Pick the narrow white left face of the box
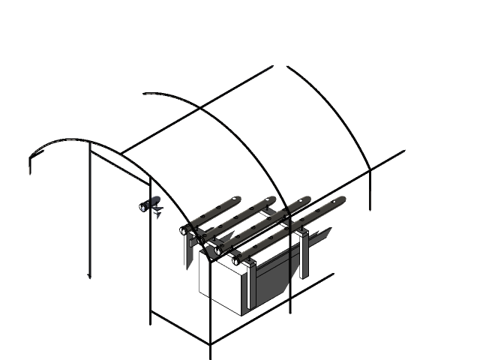point(203,274)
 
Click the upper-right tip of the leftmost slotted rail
point(235,199)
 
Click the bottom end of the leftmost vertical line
point(90,277)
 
